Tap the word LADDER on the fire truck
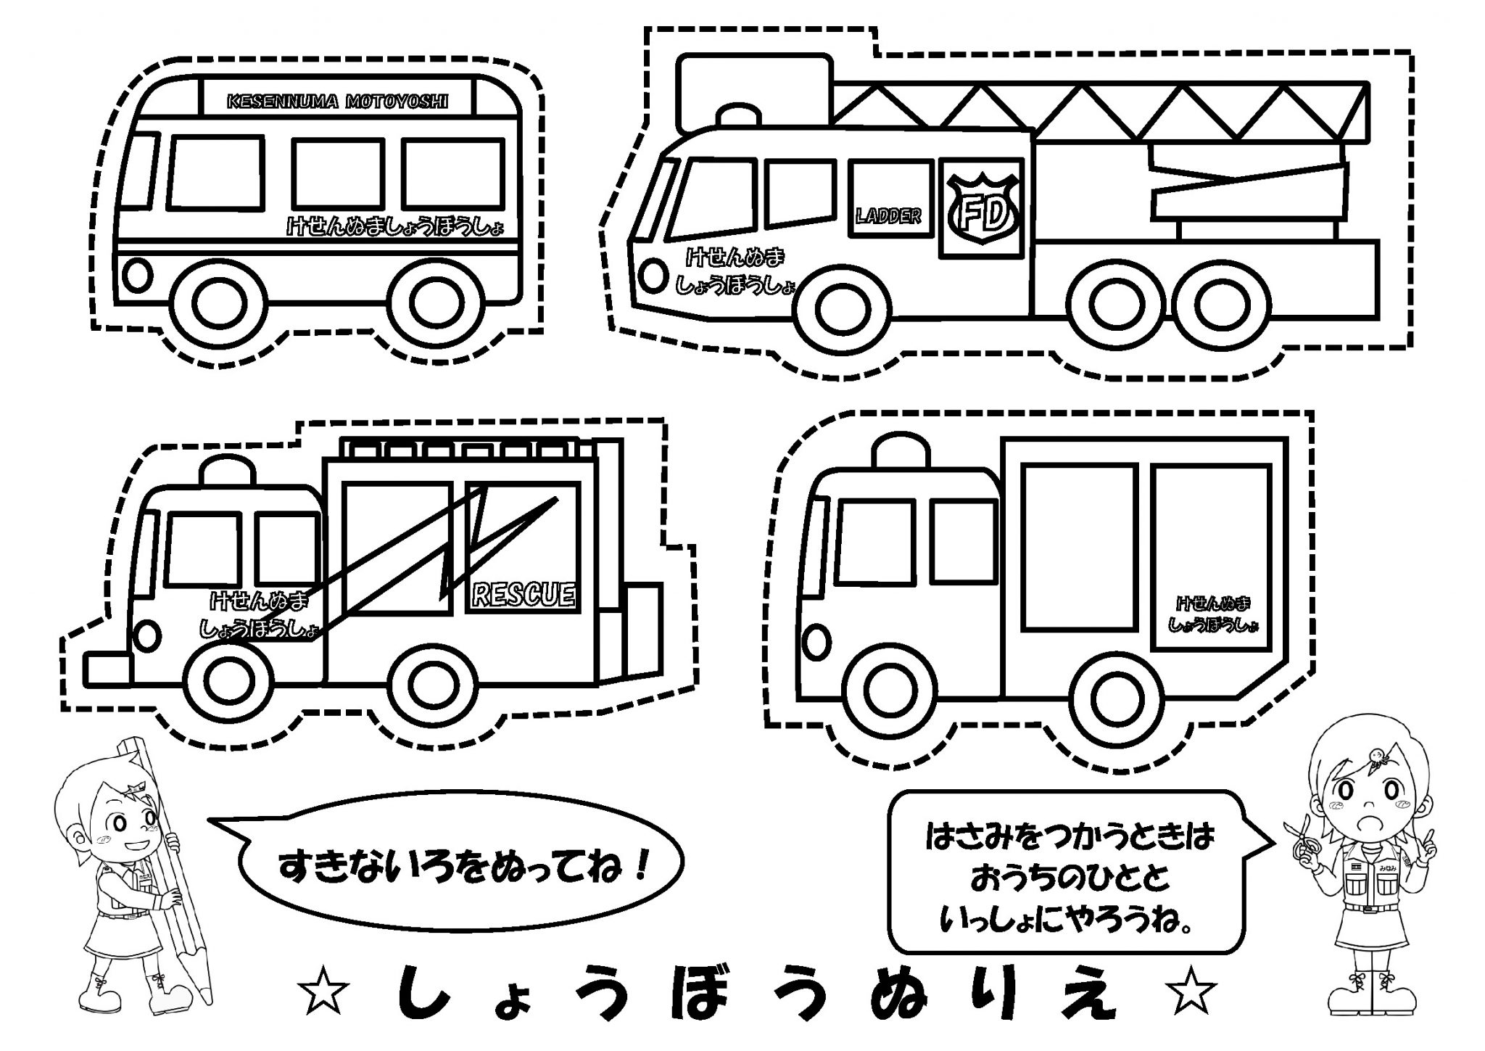coord(888,215)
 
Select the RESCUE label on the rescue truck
coord(523,595)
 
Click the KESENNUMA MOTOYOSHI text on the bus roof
coord(337,102)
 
